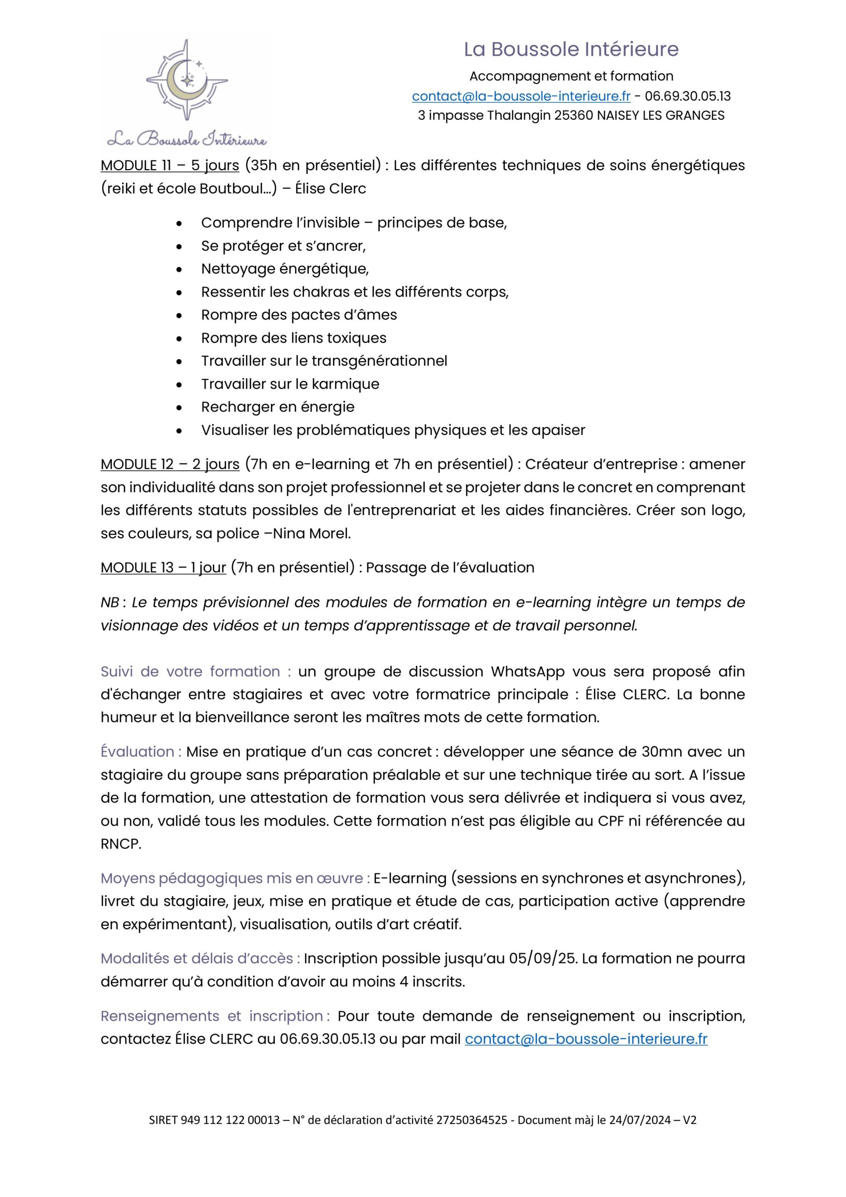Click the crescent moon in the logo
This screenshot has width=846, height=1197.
click(x=182, y=83)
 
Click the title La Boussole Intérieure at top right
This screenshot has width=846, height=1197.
click(x=571, y=50)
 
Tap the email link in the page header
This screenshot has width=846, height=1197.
click(x=521, y=96)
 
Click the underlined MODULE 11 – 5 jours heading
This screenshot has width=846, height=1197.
click(x=169, y=165)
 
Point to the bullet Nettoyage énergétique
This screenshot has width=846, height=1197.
click(x=285, y=268)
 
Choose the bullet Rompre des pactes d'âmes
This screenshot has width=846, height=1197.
click(x=299, y=315)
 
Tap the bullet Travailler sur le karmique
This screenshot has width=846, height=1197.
click(x=290, y=384)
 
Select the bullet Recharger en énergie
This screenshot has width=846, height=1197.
click(x=277, y=407)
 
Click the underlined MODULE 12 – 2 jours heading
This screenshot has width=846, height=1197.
click(x=169, y=464)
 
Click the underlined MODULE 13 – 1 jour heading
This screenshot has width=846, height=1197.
click(x=163, y=567)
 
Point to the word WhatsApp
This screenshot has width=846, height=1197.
click(x=528, y=671)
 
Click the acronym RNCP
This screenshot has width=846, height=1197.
click(x=120, y=844)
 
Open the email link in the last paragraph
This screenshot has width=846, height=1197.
click(x=586, y=1039)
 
